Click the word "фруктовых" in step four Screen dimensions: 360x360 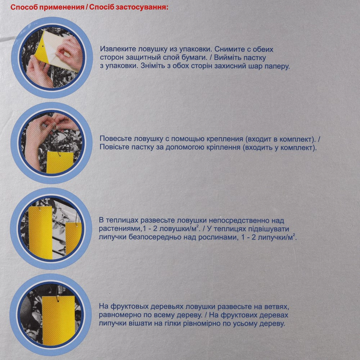129,306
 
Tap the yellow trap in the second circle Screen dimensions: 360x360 60,163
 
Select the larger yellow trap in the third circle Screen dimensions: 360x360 40,232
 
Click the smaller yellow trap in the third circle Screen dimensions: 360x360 73,239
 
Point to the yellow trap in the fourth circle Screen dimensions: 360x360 58,320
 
